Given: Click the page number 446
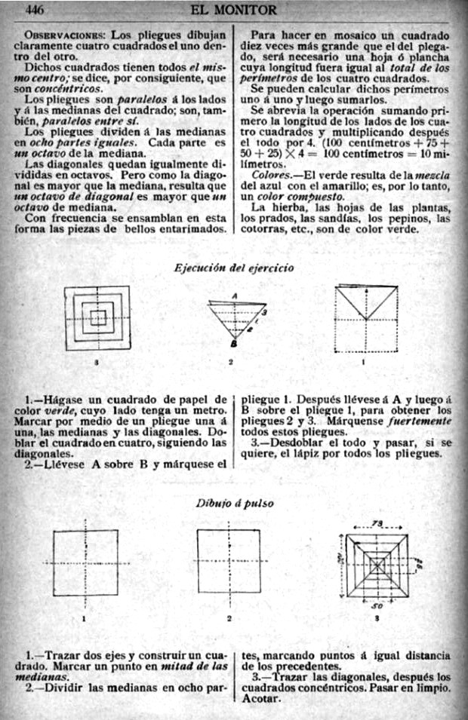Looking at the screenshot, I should (x=36, y=10).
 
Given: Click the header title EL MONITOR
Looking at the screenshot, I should (x=234, y=10).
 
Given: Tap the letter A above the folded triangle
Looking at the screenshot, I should (x=235, y=295).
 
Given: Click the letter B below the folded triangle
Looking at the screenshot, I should (x=233, y=343).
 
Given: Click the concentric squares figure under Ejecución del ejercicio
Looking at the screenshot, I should (x=97, y=317).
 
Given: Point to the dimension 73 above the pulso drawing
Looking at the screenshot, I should (x=377, y=524).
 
